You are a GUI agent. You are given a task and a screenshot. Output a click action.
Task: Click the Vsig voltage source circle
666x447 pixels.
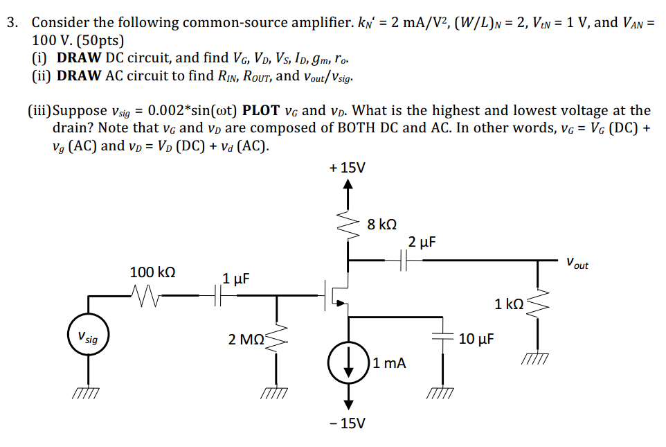tap(88, 338)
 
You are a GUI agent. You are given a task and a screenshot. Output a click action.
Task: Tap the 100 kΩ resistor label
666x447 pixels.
tap(152, 272)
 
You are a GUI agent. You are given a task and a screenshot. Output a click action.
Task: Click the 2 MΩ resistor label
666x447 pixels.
tap(245, 340)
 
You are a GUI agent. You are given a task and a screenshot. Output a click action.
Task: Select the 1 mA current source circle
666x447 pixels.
tap(349, 362)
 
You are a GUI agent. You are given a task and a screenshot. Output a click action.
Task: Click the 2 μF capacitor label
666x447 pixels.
tap(422, 242)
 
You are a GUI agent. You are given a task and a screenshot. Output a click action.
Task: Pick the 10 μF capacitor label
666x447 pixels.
tap(476, 338)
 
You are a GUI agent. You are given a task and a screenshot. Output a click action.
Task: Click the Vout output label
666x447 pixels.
tap(577, 264)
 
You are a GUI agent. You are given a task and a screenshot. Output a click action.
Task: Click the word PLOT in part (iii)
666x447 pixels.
tap(260, 111)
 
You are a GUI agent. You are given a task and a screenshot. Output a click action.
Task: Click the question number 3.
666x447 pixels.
tap(12, 22)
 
